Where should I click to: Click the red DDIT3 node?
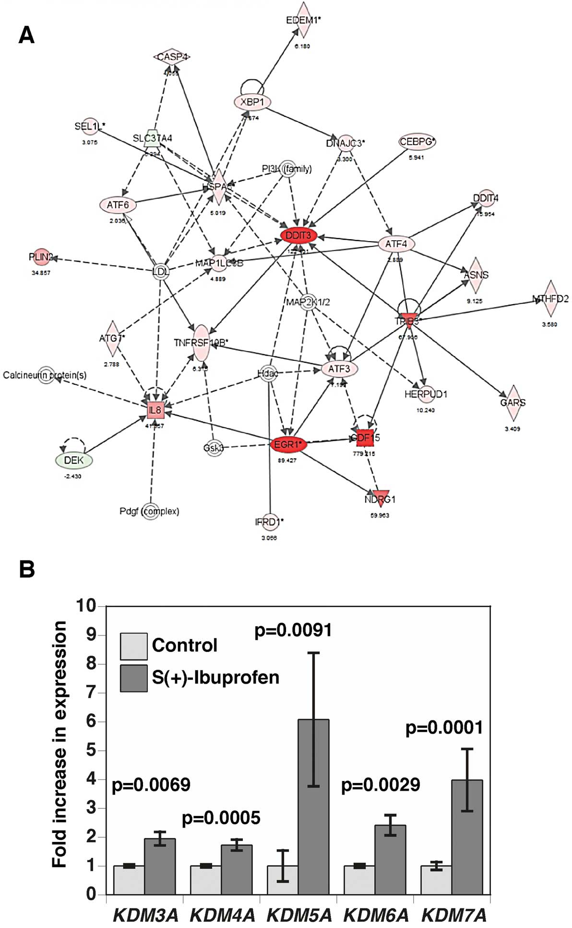click(298, 235)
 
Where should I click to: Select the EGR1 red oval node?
click(288, 445)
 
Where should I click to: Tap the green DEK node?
click(74, 460)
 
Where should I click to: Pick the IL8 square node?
click(155, 410)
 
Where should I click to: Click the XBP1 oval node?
click(252, 102)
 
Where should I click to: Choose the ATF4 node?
click(396, 244)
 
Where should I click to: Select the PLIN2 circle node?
click(40, 257)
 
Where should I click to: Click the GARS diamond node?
click(513, 403)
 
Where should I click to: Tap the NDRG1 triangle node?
click(380, 498)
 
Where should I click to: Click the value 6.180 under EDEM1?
click(302, 47)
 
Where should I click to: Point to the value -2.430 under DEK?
click(73, 476)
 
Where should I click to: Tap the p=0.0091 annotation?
click(293, 630)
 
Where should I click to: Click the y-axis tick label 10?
click(86, 606)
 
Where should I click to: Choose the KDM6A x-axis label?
click(376, 915)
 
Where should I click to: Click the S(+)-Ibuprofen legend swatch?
click(133, 678)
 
